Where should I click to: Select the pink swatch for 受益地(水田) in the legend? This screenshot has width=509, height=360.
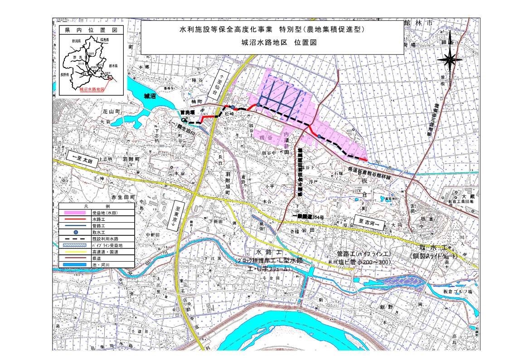pyautogui.click(x=76, y=212)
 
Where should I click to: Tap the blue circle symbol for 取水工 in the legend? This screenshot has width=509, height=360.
pyautogui.click(x=76, y=232)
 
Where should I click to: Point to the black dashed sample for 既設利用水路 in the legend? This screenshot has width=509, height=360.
pyautogui.click(x=76, y=238)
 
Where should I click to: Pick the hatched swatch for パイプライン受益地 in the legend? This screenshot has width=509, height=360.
pyautogui.click(x=76, y=245)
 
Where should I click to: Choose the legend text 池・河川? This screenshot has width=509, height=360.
pyautogui.click(x=101, y=264)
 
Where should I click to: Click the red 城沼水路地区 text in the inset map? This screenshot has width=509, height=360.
pyautogui.click(x=92, y=90)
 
